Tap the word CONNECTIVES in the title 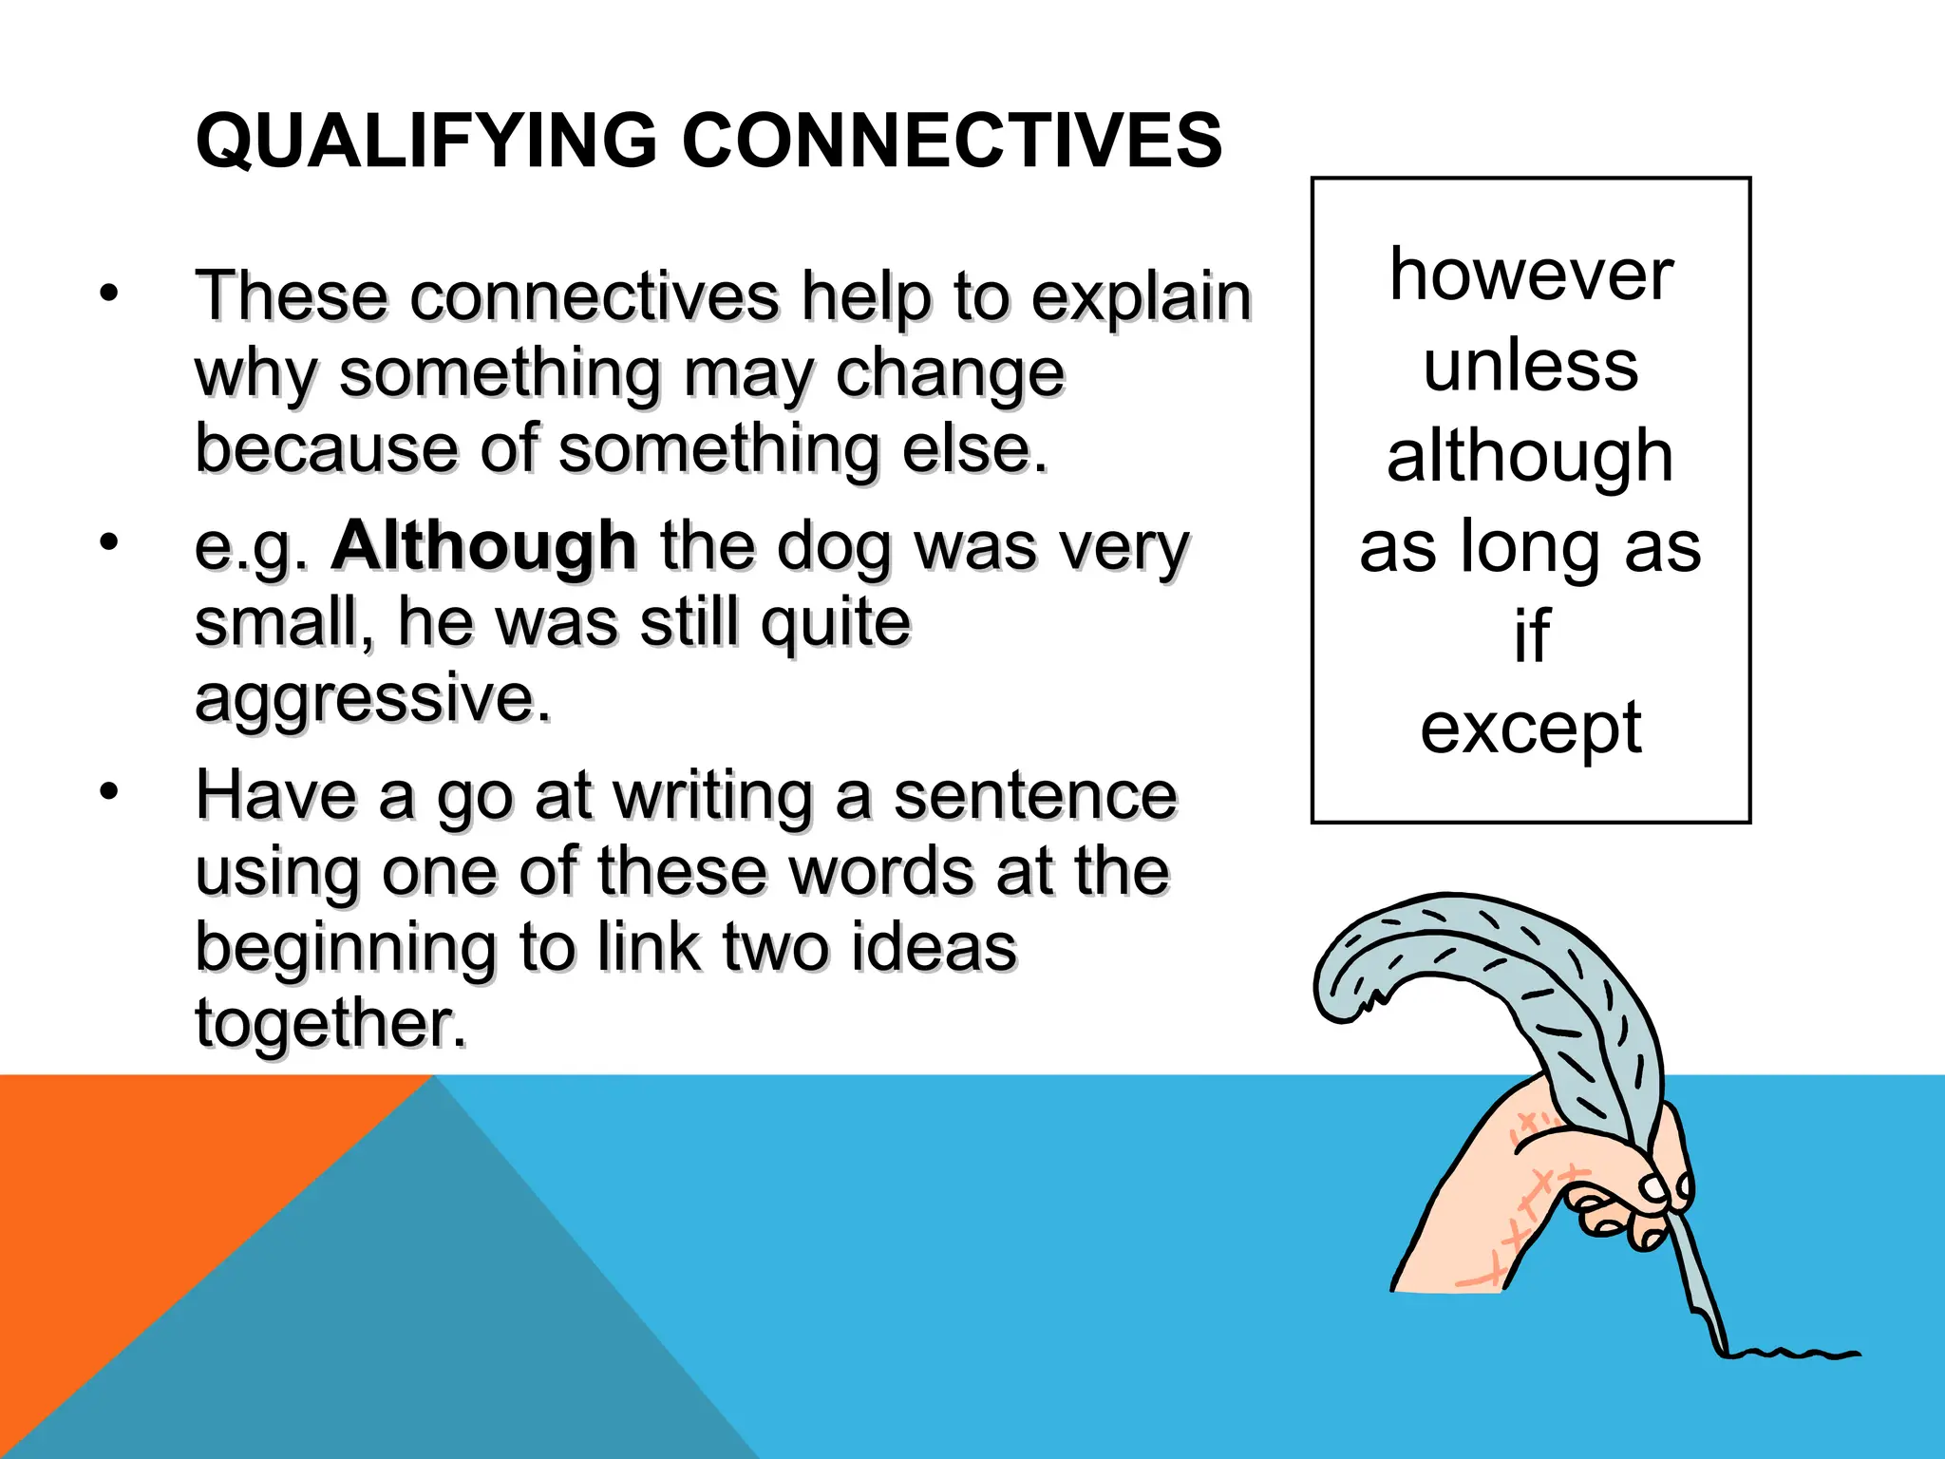(x=952, y=141)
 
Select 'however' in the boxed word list (x=1531, y=275)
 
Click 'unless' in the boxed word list (x=1531, y=366)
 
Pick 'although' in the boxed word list (x=1530, y=457)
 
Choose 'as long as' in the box (x=1530, y=547)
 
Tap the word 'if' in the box (x=1531, y=636)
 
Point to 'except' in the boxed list (x=1531, y=729)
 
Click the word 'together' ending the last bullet (x=330, y=1024)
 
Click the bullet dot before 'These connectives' (x=109, y=294)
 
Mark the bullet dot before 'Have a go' (x=109, y=791)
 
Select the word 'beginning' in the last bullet (x=345, y=950)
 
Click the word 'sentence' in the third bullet (x=1035, y=796)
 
